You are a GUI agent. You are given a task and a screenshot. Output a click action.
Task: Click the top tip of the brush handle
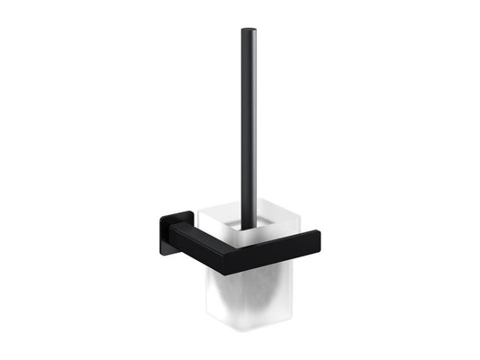coord(247,32)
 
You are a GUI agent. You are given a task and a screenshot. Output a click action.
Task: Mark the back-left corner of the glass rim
coord(200,210)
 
